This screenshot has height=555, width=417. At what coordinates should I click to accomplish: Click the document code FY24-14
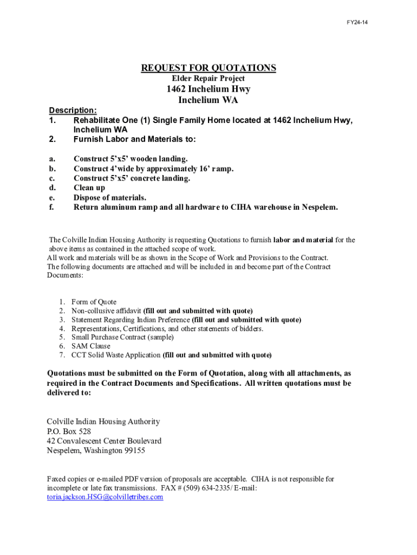357,23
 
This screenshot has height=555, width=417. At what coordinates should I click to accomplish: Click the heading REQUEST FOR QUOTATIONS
208,68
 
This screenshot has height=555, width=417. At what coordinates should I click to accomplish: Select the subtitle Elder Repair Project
208,79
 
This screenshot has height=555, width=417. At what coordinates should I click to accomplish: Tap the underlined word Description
73,111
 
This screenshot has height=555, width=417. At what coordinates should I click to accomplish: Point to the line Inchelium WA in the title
208,100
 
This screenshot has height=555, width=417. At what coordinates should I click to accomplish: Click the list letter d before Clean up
51,188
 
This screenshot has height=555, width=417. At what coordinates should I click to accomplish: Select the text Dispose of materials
110,198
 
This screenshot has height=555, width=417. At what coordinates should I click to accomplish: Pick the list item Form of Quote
94,302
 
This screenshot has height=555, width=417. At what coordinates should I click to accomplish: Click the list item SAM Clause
91,346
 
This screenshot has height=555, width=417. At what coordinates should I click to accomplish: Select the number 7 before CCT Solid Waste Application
63,356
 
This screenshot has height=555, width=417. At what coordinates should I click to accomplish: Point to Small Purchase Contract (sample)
123,337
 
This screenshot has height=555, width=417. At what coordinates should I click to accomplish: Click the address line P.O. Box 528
69,431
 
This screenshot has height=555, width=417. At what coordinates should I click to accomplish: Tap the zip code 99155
133,450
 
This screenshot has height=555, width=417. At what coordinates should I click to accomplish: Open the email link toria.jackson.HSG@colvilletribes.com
105,497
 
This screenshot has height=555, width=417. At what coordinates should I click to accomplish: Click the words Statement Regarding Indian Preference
131,320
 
